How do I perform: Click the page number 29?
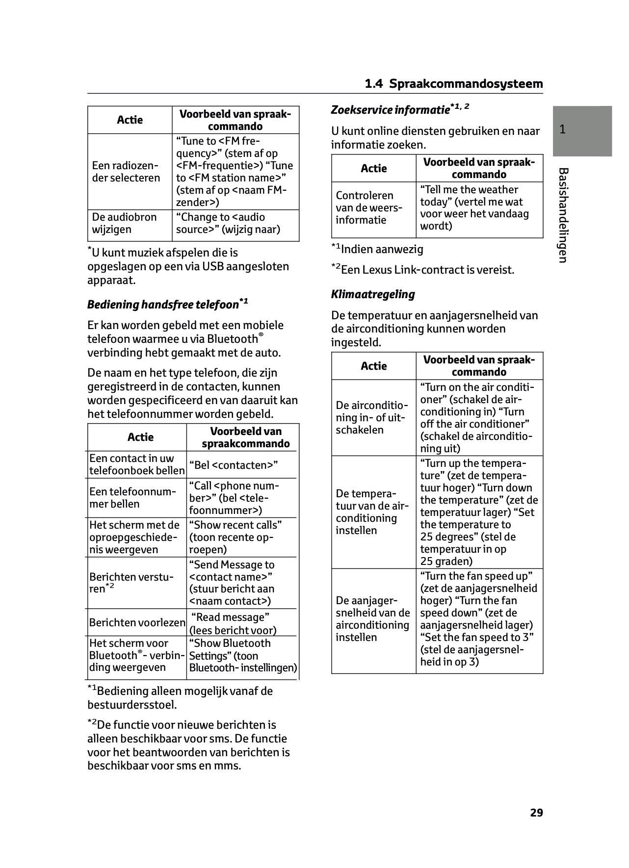(536, 813)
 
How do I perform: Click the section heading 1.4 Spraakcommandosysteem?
(454, 84)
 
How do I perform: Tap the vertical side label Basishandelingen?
(563, 215)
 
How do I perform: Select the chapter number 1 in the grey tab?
(563, 129)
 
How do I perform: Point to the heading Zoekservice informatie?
(390, 110)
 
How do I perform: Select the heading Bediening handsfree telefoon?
(162, 305)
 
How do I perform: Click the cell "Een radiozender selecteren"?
(126, 172)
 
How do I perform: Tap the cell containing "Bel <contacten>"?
(234, 465)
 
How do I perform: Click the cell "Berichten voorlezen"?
(137, 623)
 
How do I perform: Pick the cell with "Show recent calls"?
(236, 537)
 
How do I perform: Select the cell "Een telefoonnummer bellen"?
(132, 498)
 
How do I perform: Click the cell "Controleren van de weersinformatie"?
(369, 208)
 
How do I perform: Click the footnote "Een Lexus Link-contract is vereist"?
(427, 270)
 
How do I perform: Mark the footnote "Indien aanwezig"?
(382, 249)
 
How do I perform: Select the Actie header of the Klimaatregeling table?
(374, 366)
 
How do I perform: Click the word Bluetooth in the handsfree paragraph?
(232, 339)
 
